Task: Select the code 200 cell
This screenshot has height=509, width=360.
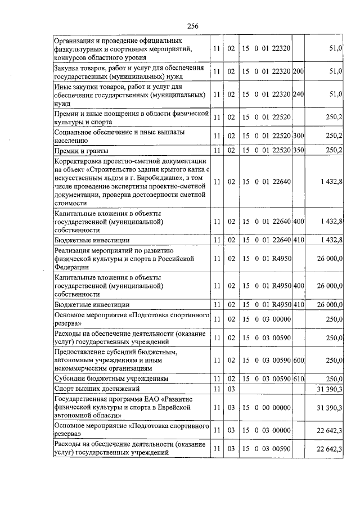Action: coord(299,71)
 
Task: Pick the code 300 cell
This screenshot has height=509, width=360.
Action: coord(299,136)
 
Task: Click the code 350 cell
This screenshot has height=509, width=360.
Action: coord(299,150)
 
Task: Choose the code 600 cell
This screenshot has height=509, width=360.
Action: coord(299,359)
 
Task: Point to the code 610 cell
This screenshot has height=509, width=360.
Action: coord(299,379)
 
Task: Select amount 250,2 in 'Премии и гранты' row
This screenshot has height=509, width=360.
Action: coord(334,150)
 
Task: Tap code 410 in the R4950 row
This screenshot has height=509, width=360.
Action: coord(299,304)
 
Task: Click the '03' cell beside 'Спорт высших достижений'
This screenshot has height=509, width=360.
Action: coord(231,389)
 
